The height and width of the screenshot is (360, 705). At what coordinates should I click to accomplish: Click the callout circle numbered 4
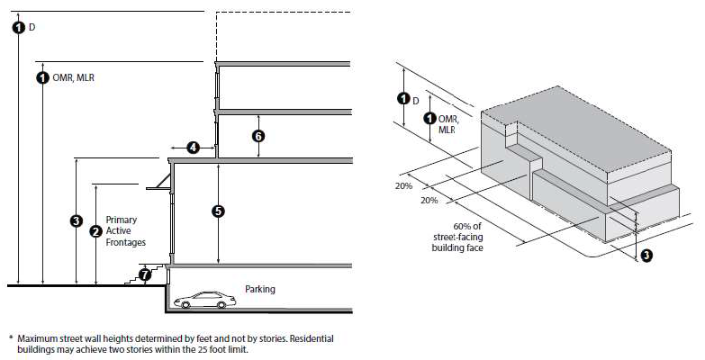coord(193,148)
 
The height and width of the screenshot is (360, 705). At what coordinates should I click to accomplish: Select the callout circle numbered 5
coord(218,211)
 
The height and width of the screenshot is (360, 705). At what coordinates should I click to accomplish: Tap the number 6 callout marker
coord(258,136)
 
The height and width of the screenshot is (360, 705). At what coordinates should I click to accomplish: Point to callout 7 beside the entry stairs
coord(144,274)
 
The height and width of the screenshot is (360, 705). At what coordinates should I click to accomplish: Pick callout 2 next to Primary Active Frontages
coord(95,231)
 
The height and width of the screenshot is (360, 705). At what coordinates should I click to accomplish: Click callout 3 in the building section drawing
coord(77,220)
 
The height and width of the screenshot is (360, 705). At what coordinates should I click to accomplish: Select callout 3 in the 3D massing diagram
coord(646,256)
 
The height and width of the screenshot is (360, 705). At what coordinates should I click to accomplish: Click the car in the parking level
coord(204,301)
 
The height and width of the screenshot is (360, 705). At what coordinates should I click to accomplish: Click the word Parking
coord(260,289)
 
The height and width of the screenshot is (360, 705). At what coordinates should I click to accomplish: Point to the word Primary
coord(122,220)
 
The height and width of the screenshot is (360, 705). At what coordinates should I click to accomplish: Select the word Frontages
coord(126,242)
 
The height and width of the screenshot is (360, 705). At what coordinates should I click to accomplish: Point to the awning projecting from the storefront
coord(158,182)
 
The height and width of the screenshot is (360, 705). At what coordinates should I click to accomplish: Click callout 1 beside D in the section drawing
coord(18,27)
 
